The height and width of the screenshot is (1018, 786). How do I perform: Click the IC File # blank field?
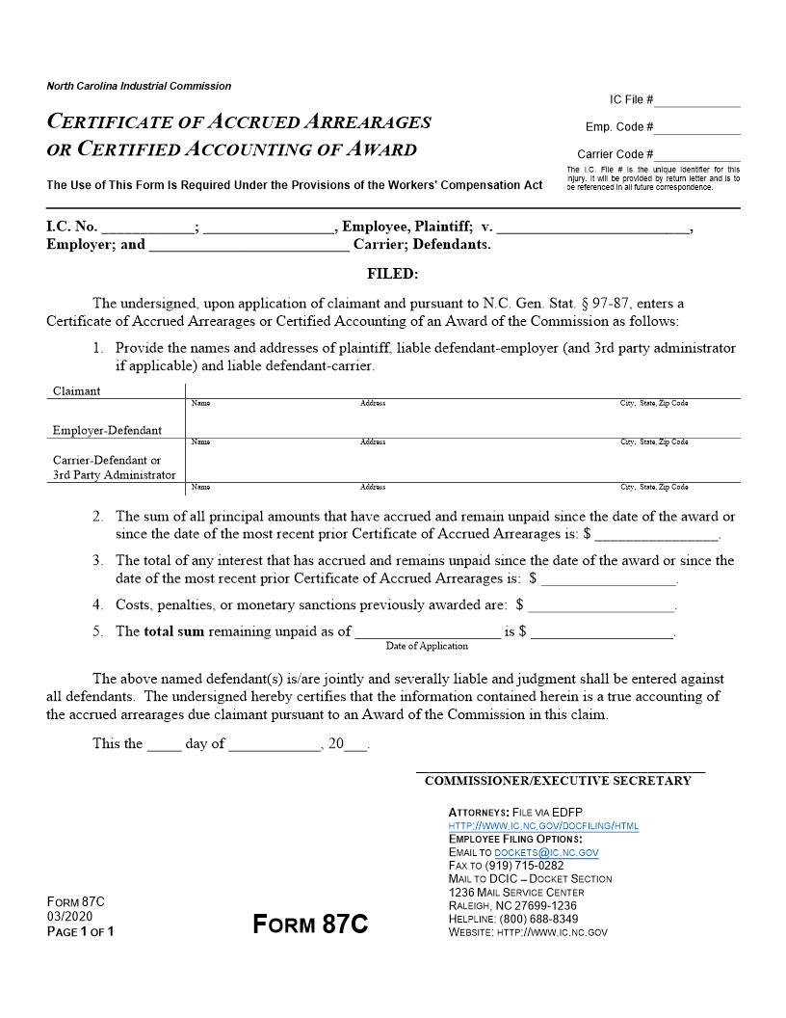[x=698, y=101]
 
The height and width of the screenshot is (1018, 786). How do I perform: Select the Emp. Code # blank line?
[x=698, y=128]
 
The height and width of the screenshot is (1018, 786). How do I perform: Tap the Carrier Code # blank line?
[x=698, y=155]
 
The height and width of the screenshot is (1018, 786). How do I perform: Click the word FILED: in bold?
[x=393, y=274]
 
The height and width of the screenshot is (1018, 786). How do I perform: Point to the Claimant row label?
[x=76, y=391]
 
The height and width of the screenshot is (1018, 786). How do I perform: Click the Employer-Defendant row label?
[x=107, y=430]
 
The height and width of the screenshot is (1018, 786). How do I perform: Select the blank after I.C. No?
[x=147, y=228]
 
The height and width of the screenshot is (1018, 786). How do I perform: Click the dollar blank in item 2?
[x=658, y=533]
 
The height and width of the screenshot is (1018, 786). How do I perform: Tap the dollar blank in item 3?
[x=610, y=579]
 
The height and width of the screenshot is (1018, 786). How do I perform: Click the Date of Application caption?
[x=427, y=646]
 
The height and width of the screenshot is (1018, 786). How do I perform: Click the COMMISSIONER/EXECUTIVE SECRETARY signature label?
[x=558, y=781]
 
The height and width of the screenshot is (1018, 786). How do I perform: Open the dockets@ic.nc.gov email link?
[x=546, y=853]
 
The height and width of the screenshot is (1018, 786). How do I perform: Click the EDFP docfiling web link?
[x=543, y=826]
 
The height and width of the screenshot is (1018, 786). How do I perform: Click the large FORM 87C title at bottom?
[x=310, y=924]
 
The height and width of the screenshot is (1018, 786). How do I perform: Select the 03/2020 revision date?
[x=69, y=917]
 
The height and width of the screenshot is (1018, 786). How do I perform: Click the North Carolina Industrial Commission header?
[x=139, y=87]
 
